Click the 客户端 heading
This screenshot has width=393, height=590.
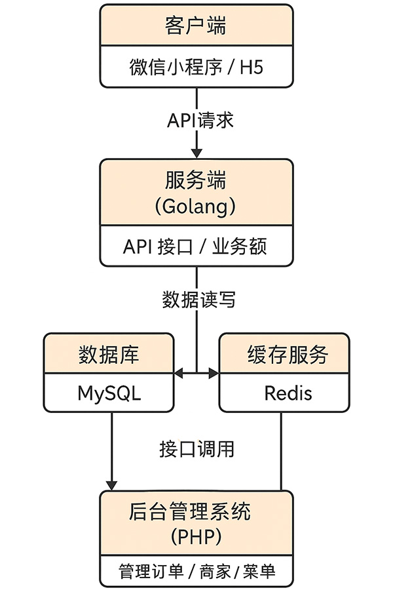click(196, 26)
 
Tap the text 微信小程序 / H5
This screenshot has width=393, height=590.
click(196, 67)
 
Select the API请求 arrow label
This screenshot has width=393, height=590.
click(200, 121)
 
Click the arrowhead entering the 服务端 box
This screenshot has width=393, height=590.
click(196, 153)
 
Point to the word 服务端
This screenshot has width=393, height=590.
click(196, 180)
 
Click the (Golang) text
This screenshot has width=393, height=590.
click(196, 206)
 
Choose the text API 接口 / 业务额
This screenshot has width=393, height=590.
click(195, 247)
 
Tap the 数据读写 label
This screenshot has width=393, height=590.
click(199, 300)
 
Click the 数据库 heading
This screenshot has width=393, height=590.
click(109, 355)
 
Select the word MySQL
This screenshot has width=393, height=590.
click(109, 393)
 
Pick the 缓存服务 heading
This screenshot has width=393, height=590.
click(288, 355)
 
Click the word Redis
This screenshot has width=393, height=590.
click(288, 393)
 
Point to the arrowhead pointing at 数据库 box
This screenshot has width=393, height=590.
click(179, 373)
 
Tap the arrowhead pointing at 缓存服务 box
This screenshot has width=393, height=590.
click(214, 373)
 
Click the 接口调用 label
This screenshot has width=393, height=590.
click(196, 449)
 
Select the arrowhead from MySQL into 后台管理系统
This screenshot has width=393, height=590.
click(111, 485)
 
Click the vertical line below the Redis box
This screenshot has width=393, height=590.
click(281, 451)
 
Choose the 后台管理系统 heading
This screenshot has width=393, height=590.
click(189, 511)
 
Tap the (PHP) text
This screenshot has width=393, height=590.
click(196, 537)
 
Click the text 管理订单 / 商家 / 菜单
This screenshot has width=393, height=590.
click(196, 572)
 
